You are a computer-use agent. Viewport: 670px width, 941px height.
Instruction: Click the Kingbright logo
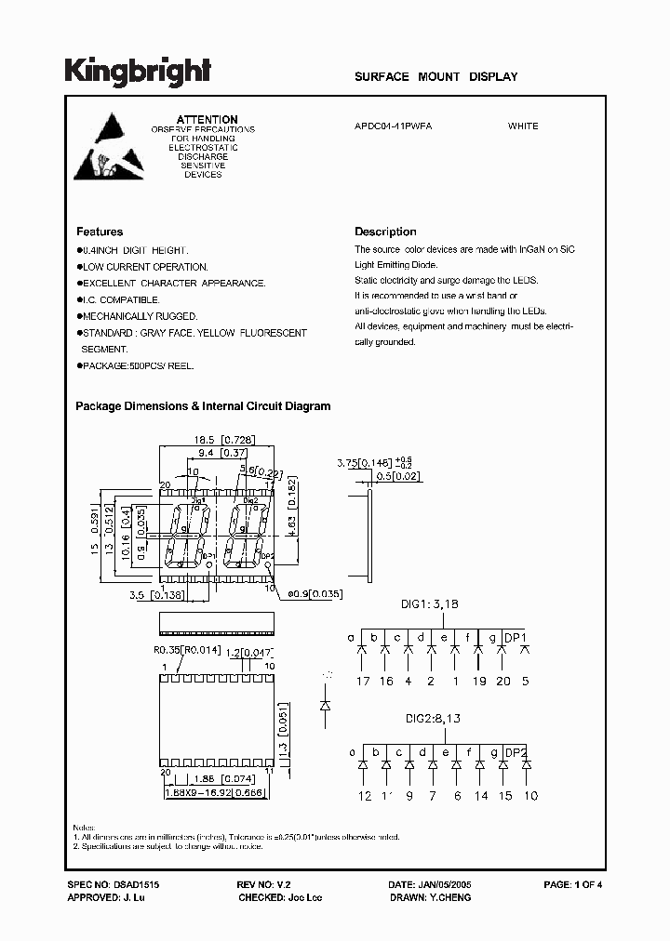point(137,72)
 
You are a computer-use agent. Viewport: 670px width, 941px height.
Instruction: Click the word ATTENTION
point(208,120)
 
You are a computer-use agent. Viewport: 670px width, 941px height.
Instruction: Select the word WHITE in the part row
point(523,126)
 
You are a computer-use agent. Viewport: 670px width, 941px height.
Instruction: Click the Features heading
point(100,232)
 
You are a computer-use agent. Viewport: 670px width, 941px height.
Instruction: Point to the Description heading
point(385,232)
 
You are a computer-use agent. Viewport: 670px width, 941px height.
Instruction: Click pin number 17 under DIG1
point(362,681)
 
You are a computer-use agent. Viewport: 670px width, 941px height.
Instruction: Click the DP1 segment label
point(516,638)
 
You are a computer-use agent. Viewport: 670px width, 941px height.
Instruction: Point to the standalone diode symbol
point(326,705)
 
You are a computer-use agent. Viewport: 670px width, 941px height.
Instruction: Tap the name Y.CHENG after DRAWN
point(449,897)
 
